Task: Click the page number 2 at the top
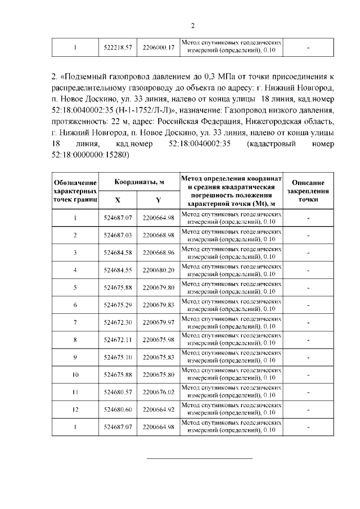click(192, 25)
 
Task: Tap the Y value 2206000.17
click(159, 48)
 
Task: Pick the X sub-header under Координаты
click(118, 200)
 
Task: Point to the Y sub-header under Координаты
click(159, 200)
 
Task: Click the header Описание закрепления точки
click(308, 191)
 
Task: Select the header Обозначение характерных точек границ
click(75, 191)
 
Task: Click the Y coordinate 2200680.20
click(159, 270)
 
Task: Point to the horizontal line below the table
click(199, 458)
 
